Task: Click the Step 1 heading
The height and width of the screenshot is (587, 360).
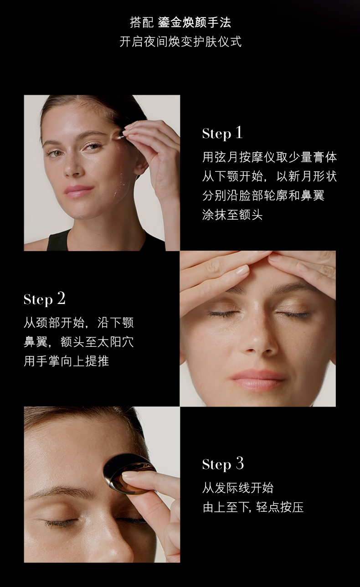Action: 222,133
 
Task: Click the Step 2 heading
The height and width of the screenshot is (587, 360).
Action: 44,299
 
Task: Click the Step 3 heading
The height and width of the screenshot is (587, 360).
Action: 223,464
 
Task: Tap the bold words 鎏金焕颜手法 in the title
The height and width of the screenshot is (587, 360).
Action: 195,22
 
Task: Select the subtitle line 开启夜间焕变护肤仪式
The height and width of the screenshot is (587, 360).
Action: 180,41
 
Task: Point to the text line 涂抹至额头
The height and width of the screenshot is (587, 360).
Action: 232,215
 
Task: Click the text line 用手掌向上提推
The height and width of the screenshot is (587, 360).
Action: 66,361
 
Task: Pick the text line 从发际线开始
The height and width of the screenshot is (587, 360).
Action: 238,488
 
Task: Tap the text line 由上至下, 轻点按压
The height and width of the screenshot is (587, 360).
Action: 253,507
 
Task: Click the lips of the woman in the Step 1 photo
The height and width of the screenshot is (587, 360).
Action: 78,191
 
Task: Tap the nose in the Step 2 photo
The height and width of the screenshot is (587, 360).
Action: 257,338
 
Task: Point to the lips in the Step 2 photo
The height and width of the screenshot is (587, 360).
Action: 257,379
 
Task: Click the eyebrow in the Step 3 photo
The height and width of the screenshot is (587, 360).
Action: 61,492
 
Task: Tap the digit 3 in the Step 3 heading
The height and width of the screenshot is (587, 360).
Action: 240,463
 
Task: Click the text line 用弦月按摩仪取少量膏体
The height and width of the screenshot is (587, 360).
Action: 269,157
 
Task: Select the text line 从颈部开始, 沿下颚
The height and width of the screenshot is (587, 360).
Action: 78,323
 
